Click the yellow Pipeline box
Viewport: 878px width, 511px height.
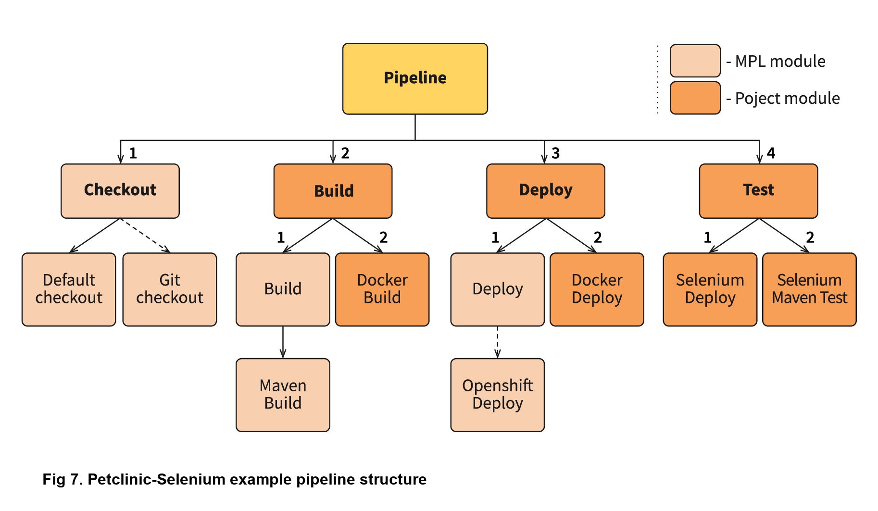(415, 79)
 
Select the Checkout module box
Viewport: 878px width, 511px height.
(120, 191)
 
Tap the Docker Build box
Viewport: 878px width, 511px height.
(382, 289)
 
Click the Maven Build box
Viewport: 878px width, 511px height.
(283, 395)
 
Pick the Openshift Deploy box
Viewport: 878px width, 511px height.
(497, 395)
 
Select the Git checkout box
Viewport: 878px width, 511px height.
(169, 289)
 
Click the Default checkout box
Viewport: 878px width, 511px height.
(69, 289)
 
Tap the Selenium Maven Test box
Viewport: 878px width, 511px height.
(809, 289)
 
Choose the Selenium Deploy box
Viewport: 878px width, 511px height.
(710, 289)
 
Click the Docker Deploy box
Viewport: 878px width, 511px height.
(597, 289)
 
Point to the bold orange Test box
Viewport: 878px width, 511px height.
(758, 191)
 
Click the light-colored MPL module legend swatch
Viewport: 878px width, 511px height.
(695, 61)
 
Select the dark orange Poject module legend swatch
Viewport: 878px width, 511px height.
(695, 98)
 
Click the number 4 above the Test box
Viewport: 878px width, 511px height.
(771, 153)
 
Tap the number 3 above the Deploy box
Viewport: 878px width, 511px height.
(555, 153)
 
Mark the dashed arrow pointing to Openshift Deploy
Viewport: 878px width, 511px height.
(497, 342)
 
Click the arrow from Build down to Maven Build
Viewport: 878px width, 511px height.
(283, 342)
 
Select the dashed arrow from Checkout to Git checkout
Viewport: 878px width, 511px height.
(145, 236)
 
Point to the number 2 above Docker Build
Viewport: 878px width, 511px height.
(383, 237)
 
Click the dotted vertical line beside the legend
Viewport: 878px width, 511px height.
(657, 79)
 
